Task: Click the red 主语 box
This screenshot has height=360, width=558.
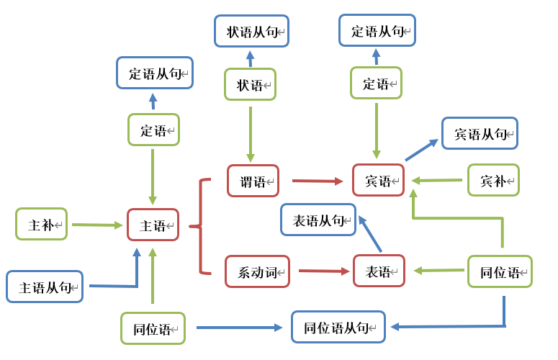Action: pos(153,225)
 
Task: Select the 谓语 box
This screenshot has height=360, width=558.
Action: pos(253,181)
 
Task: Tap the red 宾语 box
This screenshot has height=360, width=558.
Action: pos(378,180)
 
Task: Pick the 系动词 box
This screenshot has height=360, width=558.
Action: pos(257,271)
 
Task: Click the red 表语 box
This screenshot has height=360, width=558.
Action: pos(379,271)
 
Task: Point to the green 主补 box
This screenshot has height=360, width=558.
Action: pos(41,224)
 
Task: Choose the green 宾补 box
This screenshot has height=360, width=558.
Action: pos(493,180)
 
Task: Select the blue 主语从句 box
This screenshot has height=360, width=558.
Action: pos(45,287)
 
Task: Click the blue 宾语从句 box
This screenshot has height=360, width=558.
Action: pos(480,133)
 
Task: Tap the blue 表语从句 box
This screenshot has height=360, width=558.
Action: pos(318,220)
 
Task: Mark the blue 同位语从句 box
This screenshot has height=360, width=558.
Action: pos(338,327)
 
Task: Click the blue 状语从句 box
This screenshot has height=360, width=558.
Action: pos(251,31)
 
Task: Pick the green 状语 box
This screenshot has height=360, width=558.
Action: pos(250,84)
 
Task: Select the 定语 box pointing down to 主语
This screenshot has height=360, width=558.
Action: pos(153,130)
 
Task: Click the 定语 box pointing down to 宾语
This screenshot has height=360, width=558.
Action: pos(376,83)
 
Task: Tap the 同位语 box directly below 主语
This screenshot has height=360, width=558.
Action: pos(153,328)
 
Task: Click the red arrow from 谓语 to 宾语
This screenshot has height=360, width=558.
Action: pos(315,181)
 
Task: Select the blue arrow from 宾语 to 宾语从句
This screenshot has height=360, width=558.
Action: pos(421,150)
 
